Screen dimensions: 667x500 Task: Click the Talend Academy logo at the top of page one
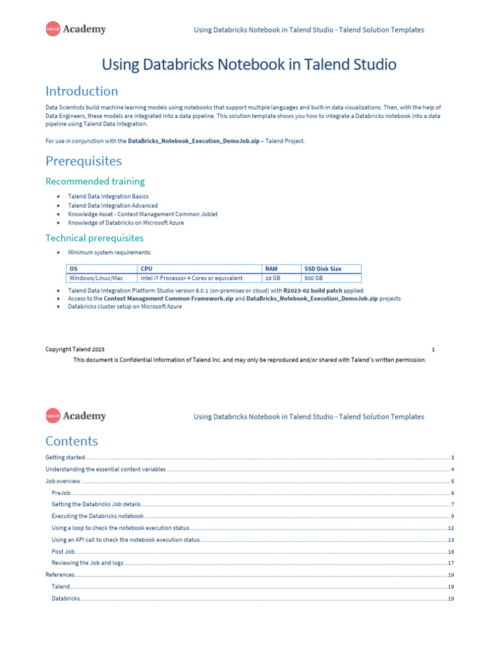[x=76, y=29]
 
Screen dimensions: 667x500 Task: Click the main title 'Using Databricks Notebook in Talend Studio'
[x=249, y=64]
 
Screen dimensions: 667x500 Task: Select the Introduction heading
[x=81, y=91]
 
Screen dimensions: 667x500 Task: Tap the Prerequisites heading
[x=83, y=160]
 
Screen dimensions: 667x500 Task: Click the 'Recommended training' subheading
[x=95, y=181]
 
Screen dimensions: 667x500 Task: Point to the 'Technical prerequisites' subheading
[x=94, y=238]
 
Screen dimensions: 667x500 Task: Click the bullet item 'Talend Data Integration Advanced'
[x=113, y=205]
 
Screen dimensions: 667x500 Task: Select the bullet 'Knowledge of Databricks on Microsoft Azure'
[x=126, y=223]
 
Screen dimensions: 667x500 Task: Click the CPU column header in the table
[x=146, y=268]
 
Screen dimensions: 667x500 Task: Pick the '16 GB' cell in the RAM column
[x=273, y=278]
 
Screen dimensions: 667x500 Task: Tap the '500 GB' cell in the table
[x=314, y=278]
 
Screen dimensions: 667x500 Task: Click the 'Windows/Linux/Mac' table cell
[x=96, y=278]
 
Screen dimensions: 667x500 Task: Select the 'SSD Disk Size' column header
[x=323, y=268]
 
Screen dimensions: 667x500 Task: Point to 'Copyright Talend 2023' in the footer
[x=75, y=349]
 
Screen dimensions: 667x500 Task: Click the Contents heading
[x=72, y=441]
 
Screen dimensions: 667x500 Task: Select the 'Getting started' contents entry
[x=65, y=458]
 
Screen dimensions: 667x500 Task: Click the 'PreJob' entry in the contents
[x=61, y=493]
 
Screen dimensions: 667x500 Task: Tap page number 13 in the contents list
[x=451, y=540]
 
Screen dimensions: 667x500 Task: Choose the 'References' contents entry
[x=60, y=575]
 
